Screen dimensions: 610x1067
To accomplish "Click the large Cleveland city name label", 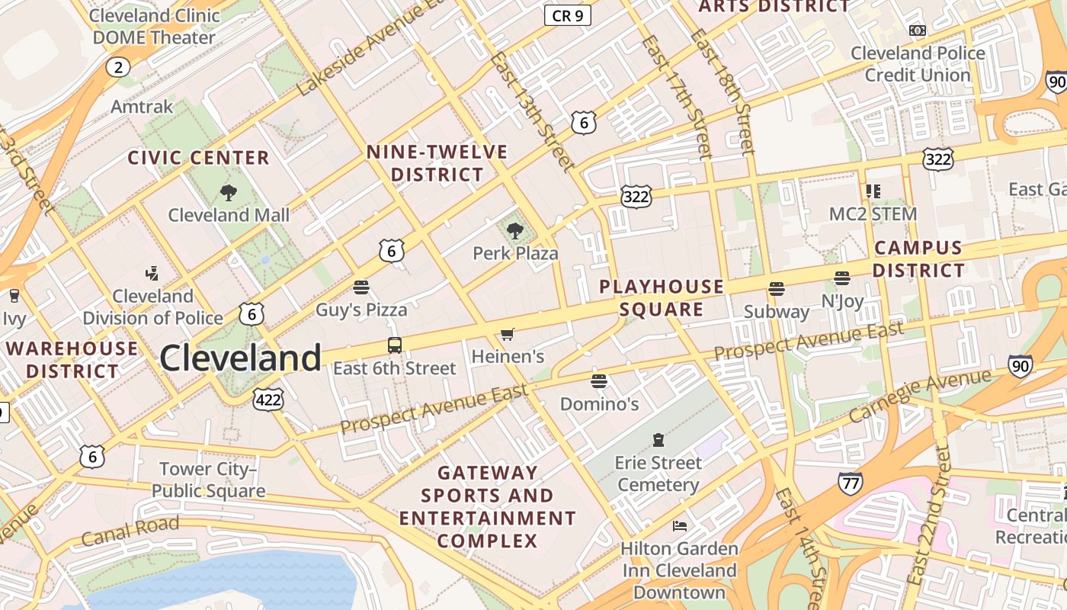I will coord(240,358).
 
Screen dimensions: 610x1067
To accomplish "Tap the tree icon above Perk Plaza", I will coord(515,230).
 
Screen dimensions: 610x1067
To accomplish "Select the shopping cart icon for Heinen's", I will coord(508,334).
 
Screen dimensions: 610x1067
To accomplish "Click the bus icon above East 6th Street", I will coord(395,345).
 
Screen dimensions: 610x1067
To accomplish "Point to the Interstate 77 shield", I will coord(850,483).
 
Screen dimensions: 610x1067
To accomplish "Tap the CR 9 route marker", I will coord(568,14).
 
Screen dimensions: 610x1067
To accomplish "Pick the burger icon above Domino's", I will coord(599,380).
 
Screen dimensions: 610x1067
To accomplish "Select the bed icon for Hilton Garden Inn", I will coord(679,526).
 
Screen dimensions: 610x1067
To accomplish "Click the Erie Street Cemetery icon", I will coord(658,440).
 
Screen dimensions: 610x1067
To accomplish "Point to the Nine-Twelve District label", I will coord(437,163).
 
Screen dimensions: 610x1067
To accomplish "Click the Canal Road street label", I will coord(130,531).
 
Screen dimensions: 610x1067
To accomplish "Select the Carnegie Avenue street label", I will coord(920,395).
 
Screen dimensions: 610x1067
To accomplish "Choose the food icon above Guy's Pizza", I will coord(361,287).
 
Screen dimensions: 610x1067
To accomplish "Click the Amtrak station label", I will coord(142,106).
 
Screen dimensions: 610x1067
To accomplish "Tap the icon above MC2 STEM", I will coord(873,191).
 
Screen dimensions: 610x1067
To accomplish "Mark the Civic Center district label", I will coord(198,158).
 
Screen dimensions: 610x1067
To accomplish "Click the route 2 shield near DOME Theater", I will coord(117,67).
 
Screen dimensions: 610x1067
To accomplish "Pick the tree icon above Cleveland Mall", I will coord(228,192).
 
